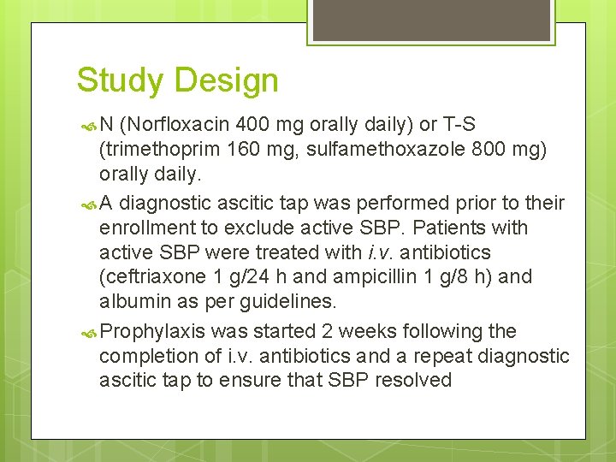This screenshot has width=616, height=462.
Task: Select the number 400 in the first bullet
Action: tap(258, 125)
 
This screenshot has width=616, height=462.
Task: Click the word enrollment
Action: tap(142, 228)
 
